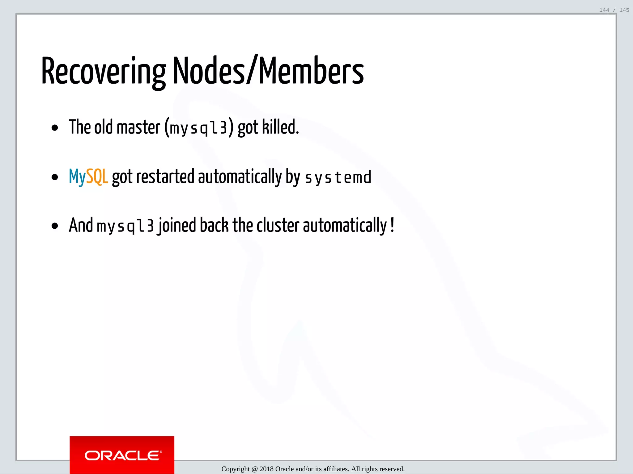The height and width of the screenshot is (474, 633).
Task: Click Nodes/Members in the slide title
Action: point(268,71)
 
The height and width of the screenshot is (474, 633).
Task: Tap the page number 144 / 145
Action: point(614,10)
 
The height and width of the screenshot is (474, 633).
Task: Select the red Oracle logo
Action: point(122,455)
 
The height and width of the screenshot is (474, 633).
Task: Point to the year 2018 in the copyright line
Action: point(266,469)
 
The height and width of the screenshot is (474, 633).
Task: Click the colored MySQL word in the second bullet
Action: point(88,177)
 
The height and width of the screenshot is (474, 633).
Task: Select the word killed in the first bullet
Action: point(280,127)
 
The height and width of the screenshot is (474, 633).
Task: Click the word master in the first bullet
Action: point(138,127)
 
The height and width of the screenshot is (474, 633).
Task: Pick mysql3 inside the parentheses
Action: point(198,128)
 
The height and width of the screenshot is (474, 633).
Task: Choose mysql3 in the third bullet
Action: point(125,226)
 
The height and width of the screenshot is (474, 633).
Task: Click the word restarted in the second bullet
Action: point(165,177)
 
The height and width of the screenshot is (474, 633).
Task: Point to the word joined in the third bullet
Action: point(177,226)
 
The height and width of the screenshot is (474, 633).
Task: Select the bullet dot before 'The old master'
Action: point(55,128)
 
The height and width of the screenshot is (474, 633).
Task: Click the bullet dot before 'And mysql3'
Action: point(55,226)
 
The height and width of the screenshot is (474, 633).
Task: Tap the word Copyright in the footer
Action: point(235,469)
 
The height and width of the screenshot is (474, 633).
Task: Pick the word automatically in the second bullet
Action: point(240,177)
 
